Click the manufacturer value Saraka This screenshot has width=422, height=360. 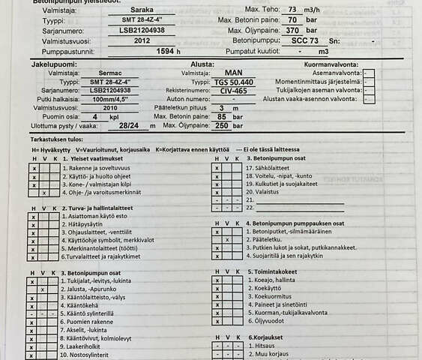click(x=142, y=8)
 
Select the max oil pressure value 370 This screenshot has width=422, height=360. click(x=271, y=30)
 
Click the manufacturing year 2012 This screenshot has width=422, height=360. click(x=142, y=41)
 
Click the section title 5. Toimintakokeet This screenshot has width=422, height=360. click(x=275, y=272)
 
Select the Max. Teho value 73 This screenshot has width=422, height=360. click(x=271, y=8)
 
